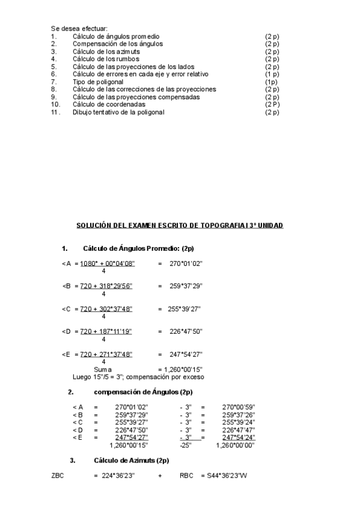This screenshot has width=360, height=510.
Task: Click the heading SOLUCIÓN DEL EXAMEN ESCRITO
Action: [x=180, y=226]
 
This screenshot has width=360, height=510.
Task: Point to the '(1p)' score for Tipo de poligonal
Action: [x=270, y=82]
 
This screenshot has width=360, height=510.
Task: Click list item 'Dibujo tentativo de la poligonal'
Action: [x=118, y=112]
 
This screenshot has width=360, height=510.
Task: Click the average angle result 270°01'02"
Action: [x=186, y=263]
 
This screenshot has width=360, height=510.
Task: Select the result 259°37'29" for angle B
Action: [x=186, y=286]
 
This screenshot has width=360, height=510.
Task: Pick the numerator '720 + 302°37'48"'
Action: [x=106, y=309]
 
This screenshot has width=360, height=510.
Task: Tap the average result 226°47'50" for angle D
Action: [x=186, y=331]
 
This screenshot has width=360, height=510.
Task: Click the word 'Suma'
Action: [x=103, y=369]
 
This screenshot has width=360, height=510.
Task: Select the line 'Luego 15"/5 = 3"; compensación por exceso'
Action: [x=138, y=377]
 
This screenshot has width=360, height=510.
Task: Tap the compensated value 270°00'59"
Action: [x=238, y=407]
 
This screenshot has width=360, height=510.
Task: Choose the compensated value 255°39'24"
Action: [x=238, y=422]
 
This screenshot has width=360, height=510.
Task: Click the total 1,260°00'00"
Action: [x=235, y=445]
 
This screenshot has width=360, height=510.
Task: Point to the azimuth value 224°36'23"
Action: [x=118, y=476]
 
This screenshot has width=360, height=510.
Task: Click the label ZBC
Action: [x=58, y=476]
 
